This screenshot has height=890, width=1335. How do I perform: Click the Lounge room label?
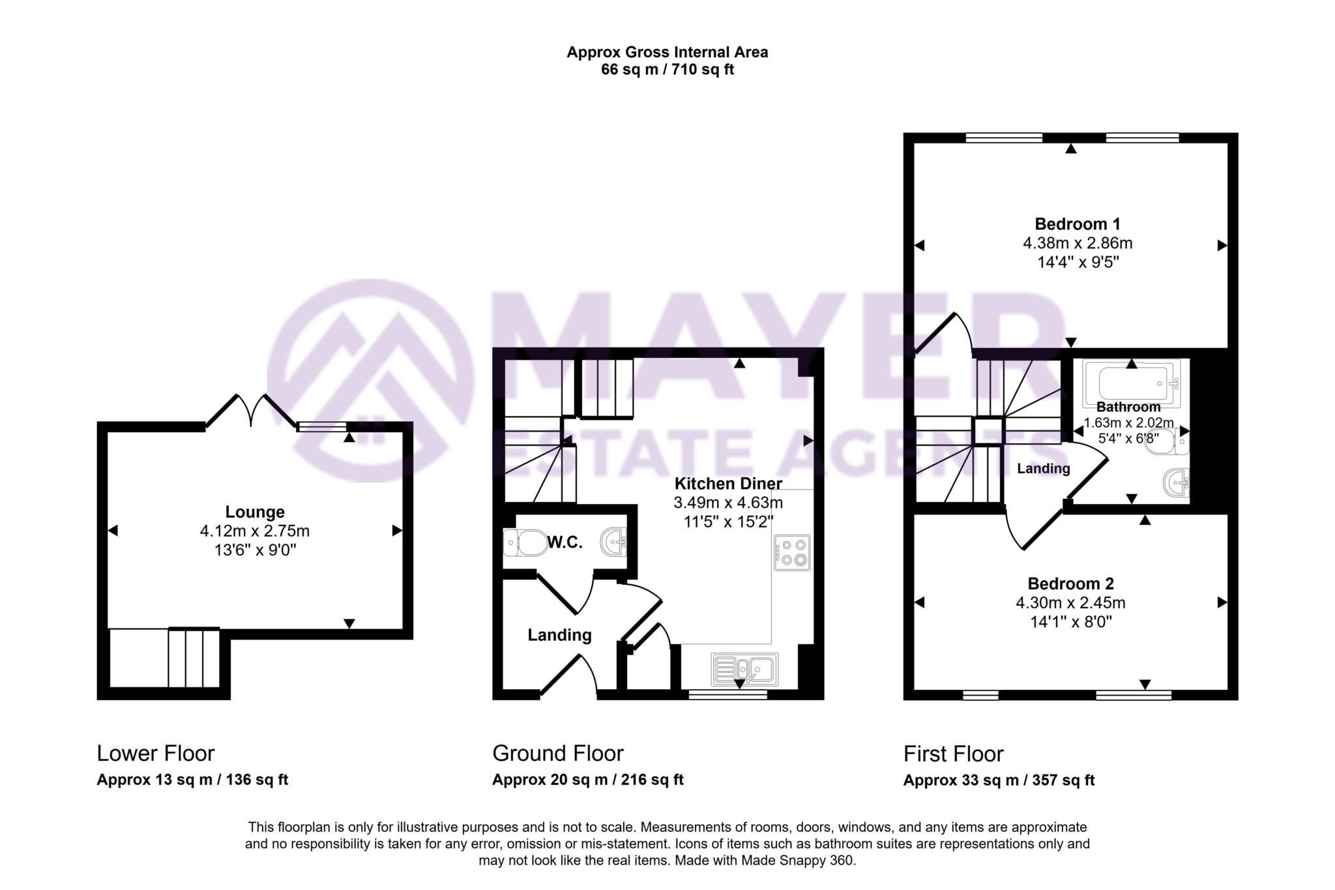pyautogui.click(x=255, y=512)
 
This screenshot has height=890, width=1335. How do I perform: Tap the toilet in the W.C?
pyautogui.click(x=527, y=542)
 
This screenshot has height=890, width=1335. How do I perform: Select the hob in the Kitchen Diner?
pyautogui.click(x=792, y=552)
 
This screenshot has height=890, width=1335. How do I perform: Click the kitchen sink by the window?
pyautogui.click(x=744, y=669)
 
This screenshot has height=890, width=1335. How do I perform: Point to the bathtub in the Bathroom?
pyautogui.click(x=1132, y=383)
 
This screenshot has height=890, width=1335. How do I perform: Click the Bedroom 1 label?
pyautogui.click(x=1077, y=224)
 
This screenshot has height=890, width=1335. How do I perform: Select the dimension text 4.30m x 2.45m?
pyautogui.click(x=1070, y=603)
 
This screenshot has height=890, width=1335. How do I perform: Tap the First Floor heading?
pyautogui.click(x=953, y=754)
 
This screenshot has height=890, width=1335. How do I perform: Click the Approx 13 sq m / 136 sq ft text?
pyautogui.click(x=192, y=780)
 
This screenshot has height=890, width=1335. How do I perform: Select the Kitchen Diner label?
pyautogui.click(x=728, y=484)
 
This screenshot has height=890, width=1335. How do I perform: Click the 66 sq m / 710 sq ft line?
pyautogui.click(x=667, y=70)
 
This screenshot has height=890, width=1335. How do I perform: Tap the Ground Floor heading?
pyautogui.click(x=557, y=753)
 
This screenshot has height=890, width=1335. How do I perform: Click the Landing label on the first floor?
pyautogui.click(x=1043, y=468)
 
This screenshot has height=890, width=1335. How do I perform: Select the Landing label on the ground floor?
pyautogui.click(x=559, y=635)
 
